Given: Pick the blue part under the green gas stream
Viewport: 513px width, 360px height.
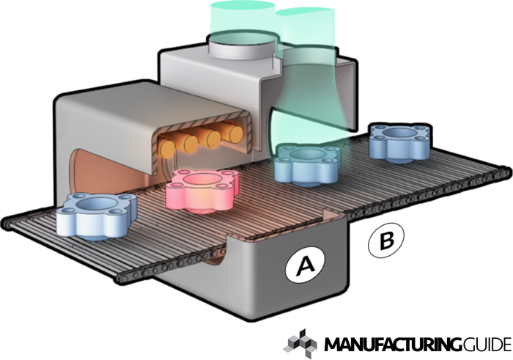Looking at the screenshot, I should click(x=306, y=164).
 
